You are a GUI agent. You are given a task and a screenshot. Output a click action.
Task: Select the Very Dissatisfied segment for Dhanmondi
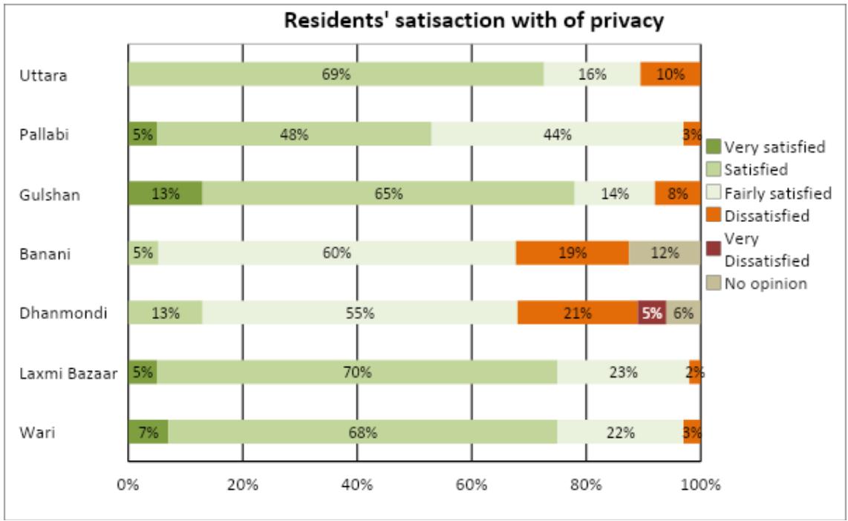click(x=652, y=312)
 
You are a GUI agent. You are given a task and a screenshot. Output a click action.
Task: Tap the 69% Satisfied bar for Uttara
click(x=336, y=74)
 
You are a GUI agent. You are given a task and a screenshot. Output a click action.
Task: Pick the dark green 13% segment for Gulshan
click(x=165, y=194)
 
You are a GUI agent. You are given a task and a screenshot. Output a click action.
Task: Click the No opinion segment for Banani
click(x=665, y=253)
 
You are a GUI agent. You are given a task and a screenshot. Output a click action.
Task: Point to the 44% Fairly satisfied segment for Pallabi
click(x=557, y=134)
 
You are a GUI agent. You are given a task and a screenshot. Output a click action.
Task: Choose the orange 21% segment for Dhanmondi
click(x=577, y=312)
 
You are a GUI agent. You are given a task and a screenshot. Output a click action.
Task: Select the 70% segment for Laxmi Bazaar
click(x=356, y=372)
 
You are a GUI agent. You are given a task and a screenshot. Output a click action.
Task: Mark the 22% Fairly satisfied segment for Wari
click(x=620, y=431)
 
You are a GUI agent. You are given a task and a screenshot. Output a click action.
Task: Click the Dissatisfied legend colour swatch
click(x=713, y=216)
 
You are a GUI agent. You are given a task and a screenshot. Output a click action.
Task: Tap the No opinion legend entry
click(x=765, y=283)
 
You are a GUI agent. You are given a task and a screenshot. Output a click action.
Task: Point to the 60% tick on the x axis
click(x=472, y=485)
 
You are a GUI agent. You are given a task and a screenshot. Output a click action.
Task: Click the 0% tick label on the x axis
click(x=128, y=485)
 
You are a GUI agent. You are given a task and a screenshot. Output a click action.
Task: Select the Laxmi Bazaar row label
click(x=68, y=373)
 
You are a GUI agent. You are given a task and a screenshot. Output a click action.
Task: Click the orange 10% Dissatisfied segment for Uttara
click(x=671, y=74)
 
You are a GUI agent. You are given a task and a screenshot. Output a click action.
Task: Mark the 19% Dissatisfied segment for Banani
click(x=572, y=253)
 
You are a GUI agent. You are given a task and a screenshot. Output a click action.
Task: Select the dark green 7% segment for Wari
click(x=148, y=431)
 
